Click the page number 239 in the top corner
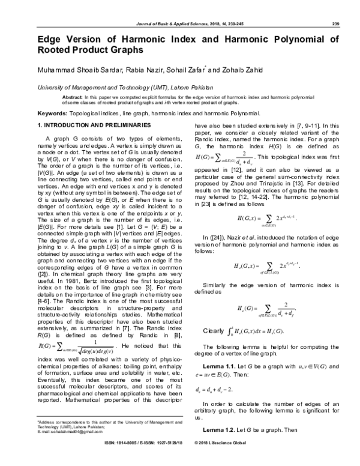pyautogui.click(x=335, y=23)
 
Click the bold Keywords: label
pyautogui.click(x=52, y=113)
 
